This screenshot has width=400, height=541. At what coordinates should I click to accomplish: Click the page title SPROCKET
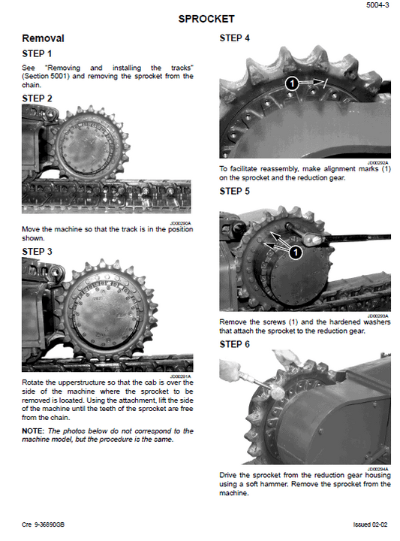(x=206, y=19)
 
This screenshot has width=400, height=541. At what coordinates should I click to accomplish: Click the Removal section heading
(x=43, y=38)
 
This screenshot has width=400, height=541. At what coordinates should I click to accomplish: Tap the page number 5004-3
(x=378, y=5)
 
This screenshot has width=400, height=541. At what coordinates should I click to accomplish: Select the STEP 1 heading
(x=38, y=54)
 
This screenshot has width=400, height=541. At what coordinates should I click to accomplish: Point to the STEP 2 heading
(x=38, y=98)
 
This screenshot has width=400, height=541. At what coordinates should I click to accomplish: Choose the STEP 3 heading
(x=38, y=251)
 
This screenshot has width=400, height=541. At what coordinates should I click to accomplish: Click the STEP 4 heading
(x=235, y=38)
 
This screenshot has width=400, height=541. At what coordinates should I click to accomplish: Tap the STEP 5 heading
(x=235, y=192)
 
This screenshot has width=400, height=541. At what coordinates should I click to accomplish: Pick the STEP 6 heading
(x=235, y=344)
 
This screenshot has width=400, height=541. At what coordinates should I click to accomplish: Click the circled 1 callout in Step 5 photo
(x=296, y=252)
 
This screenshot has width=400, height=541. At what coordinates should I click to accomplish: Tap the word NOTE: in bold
(x=35, y=431)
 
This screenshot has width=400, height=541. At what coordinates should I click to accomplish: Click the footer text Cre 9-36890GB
(x=44, y=524)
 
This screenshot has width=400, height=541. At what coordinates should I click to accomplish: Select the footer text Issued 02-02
(x=371, y=524)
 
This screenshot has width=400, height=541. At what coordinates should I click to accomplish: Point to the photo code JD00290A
(x=180, y=223)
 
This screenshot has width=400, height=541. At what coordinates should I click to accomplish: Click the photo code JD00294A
(x=377, y=468)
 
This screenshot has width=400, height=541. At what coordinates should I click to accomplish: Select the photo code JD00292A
(x=377, y=162)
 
